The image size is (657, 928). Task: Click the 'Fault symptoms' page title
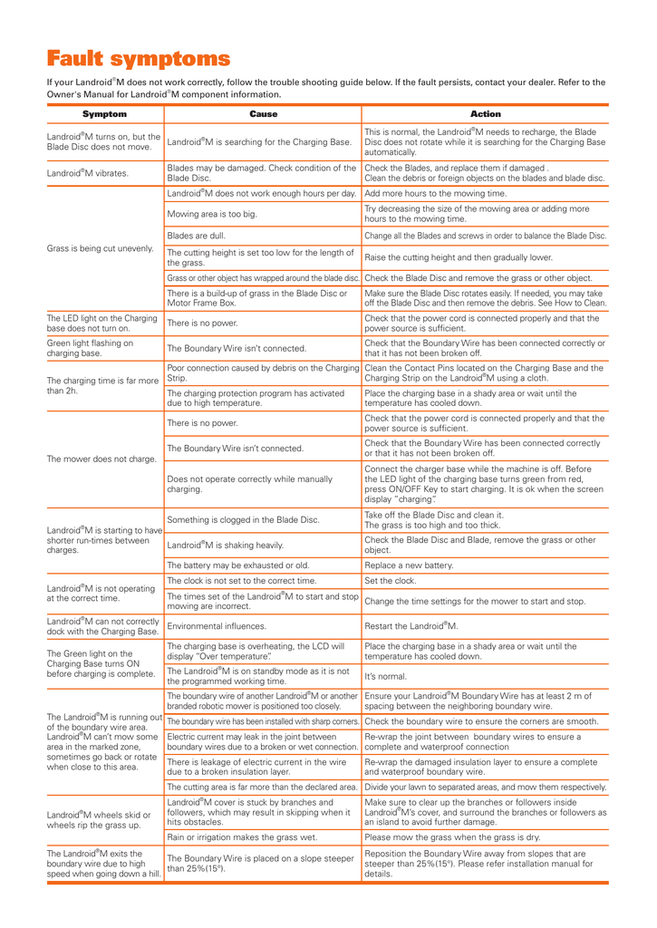(x=139, y=60)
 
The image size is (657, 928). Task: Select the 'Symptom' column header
(x=104, y=114)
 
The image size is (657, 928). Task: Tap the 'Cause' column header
(x=263, y=114)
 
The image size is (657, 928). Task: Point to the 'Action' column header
(x=485, y=114)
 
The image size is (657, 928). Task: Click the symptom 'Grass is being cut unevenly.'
(x=100, y=247)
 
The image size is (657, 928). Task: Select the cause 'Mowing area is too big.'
(x=212, y=214)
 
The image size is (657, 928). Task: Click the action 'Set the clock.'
(x=391, y=581)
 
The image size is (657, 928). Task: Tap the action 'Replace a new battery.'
(x=409, y=565)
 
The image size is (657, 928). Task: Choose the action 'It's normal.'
(x=386, y=676)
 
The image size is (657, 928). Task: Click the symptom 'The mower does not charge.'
(x=101, y=459)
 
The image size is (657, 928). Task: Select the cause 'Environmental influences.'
(x=217, y=626)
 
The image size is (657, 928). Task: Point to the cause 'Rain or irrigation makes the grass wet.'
(x=242, y=837)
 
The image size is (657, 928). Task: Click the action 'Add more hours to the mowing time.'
(x=435, y=193)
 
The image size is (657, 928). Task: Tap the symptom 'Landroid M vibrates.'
(x=88, y=172)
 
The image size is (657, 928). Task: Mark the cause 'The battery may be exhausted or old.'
(x=238, y=565)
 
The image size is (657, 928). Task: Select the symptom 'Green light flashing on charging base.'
(x=90, y=348)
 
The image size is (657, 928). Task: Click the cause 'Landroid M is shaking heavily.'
(x=225, y=545)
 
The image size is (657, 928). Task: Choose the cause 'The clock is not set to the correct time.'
(x=242, y=581)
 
